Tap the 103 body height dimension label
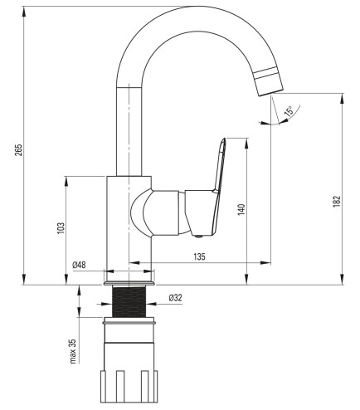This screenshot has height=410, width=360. (x=61, y=228)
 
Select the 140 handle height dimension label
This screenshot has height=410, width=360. (x=241, y=209)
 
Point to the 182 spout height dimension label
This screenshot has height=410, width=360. (x=337, y=201)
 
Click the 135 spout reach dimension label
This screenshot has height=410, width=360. (x=199, y=256)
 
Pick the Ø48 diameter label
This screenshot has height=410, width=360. (x=79, y=265)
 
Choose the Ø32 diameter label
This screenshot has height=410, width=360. (x=176, y=298)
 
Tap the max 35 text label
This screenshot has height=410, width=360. (x=73, y=351)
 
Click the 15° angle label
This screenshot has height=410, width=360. (x=288, y=110)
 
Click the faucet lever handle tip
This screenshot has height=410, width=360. (x=223, y=139)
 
